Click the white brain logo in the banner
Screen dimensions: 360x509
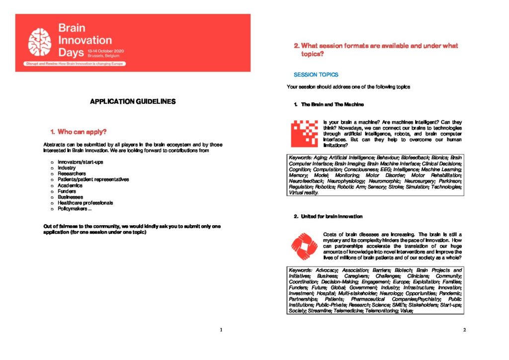point(40,41)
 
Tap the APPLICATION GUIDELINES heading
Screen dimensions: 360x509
point(133,101)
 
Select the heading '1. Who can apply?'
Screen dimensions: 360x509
point(79,132)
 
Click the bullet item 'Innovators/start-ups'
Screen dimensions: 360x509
point(81,163)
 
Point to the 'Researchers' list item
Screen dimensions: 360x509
point(72,174)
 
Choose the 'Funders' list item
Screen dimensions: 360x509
point(67,191)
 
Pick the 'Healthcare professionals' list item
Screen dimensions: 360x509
point(85,203)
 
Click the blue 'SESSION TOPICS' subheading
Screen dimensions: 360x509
point(316,75)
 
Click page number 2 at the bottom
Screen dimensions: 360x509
point(464,329)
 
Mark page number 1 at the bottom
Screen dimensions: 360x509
point(221,329)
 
